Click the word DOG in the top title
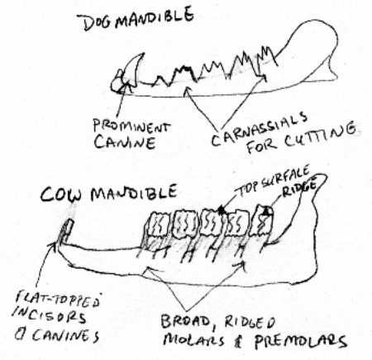pyautogui.click(x=98, y=22)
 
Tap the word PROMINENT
pyautogui.click(x=131, y=127)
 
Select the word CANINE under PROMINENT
pyautogui.click(x=124, y=142)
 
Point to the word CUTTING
pyautogui.click(x=320, y=137)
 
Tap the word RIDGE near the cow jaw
pyautogui.click(x=299, y=189)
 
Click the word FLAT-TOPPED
pyautogui.click(x=58, y=300)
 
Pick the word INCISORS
pyautogui.click(x=49, y=316)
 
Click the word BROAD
pyautogui.click(x=186, y=321)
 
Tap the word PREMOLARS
pyautogui.click(x=300, y=342)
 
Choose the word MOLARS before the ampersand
pyautogui.click(x=193, y=339)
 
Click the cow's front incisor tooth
pyautogui.click(x=67, y=231)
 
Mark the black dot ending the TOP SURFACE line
pyautogui.click(x=222, y=211)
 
